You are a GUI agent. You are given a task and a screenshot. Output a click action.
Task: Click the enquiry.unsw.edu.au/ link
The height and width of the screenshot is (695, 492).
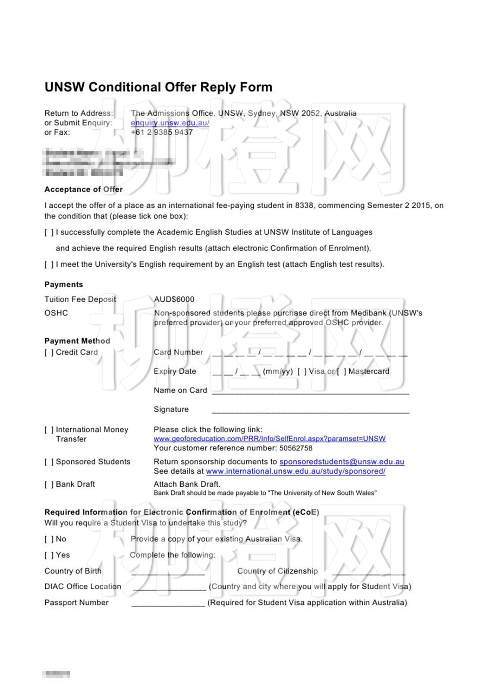click(x=170, y=123)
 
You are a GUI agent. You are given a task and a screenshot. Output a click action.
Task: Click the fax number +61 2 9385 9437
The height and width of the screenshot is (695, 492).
click(x=162, y=132)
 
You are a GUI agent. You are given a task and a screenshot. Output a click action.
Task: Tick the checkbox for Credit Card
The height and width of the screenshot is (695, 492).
click(x=49, y=352)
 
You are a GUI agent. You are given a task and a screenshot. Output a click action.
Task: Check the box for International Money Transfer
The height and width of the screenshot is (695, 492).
click(x=49, y=430)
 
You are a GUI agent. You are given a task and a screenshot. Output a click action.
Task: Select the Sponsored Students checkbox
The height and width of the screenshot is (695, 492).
click(x=49, y=462)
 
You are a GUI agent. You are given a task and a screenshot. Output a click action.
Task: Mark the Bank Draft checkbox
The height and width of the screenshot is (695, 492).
click(x=49, y=485)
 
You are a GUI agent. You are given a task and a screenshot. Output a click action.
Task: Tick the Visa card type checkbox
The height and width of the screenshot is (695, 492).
click(x=302, y=371)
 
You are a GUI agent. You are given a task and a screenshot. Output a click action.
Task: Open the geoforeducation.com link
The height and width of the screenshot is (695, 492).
click(x=270, y=439)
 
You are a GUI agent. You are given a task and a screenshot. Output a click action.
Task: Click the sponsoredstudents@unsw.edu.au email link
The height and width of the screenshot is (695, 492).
click(x=342, y=462)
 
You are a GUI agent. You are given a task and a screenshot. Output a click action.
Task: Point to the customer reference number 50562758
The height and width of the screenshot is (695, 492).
click(x=296, y=448)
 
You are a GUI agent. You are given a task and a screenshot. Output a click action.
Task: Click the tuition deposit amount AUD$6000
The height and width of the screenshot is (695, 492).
click(x=174, y=299)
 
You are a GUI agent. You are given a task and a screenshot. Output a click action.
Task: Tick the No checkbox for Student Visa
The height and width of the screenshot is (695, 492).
click(x=49, y=539)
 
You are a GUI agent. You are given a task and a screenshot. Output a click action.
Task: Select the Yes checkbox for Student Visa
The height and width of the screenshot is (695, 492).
click(x=49, y=555)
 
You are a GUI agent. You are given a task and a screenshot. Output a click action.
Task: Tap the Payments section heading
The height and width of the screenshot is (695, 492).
click(x=64, y=285)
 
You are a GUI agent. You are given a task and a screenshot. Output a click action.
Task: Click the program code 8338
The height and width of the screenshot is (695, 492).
click(x=304, y=206)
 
